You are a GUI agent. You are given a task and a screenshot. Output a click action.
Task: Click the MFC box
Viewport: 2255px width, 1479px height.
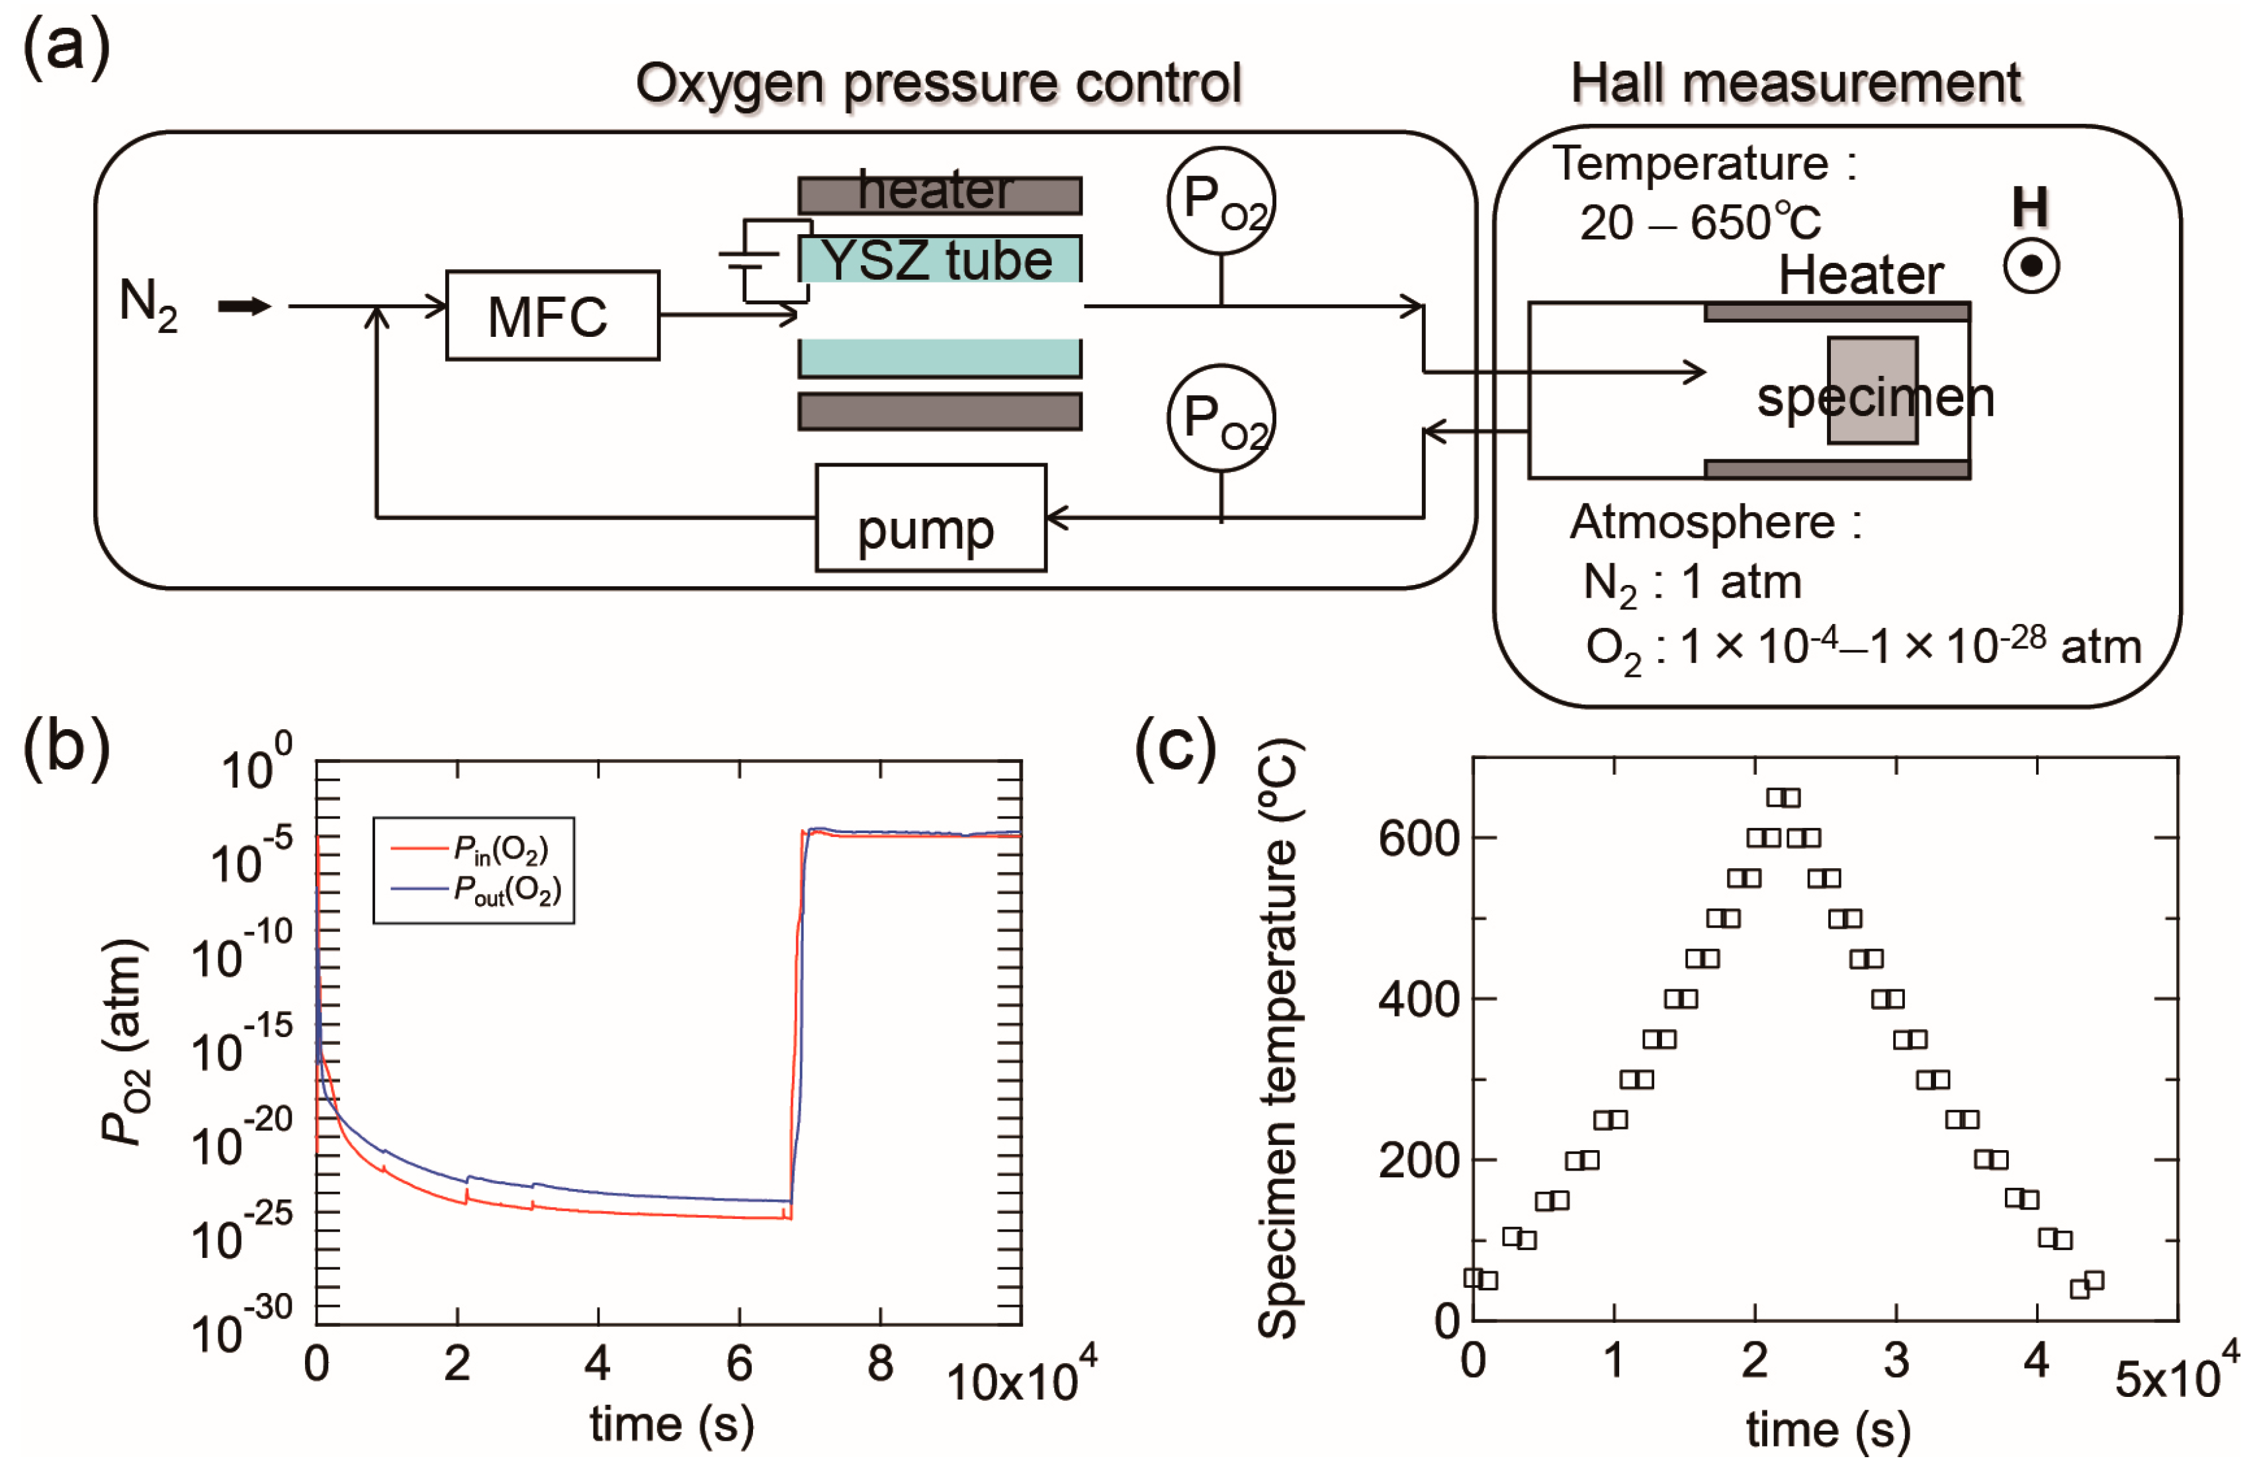[x=553, y=316]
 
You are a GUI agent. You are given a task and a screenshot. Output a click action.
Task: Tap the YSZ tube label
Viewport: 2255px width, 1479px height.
[x=936, y=259]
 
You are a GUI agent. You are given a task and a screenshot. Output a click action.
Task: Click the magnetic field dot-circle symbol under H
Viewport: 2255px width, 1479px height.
[x=2031, y=267]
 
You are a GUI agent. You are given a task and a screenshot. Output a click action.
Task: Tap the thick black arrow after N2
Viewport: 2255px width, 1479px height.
[x=244, y=306]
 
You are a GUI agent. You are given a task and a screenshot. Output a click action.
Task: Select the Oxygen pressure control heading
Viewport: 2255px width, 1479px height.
[x=938, y=83]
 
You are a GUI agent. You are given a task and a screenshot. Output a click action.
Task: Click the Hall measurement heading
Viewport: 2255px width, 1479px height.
[x=1796, y=83]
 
